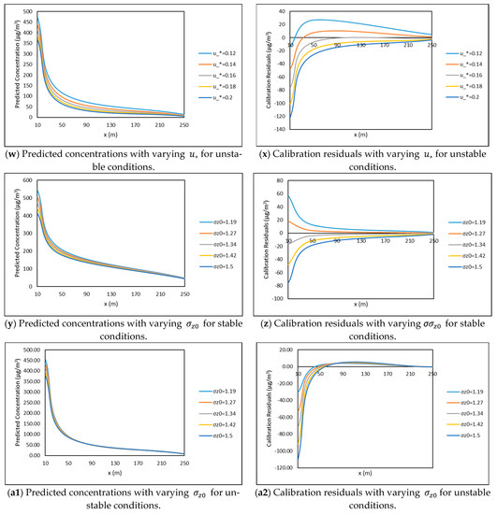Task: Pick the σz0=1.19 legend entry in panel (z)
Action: (x=463, y=217)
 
